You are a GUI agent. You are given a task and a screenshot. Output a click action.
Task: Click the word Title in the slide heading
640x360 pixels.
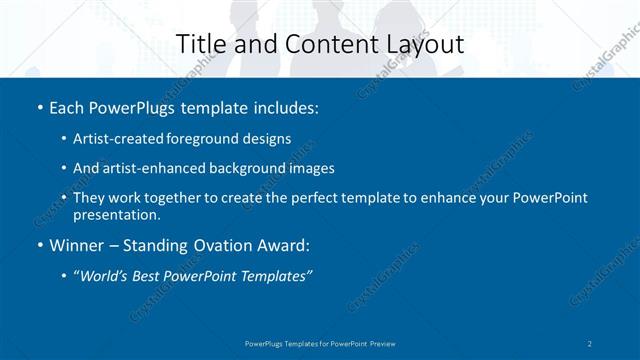200,44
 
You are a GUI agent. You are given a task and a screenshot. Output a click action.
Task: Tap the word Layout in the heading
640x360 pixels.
429,44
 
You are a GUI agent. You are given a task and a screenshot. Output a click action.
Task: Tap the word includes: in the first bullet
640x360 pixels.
284,106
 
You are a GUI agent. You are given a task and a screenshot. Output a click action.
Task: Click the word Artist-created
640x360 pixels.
120,138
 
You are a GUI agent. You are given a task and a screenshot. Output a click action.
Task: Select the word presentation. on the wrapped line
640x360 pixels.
116,214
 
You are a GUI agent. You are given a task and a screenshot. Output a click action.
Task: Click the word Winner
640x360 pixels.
76,245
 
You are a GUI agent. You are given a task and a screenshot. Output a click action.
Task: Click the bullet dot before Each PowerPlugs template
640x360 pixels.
39,107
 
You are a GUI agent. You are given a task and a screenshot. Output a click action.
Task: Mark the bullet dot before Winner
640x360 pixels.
39,246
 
